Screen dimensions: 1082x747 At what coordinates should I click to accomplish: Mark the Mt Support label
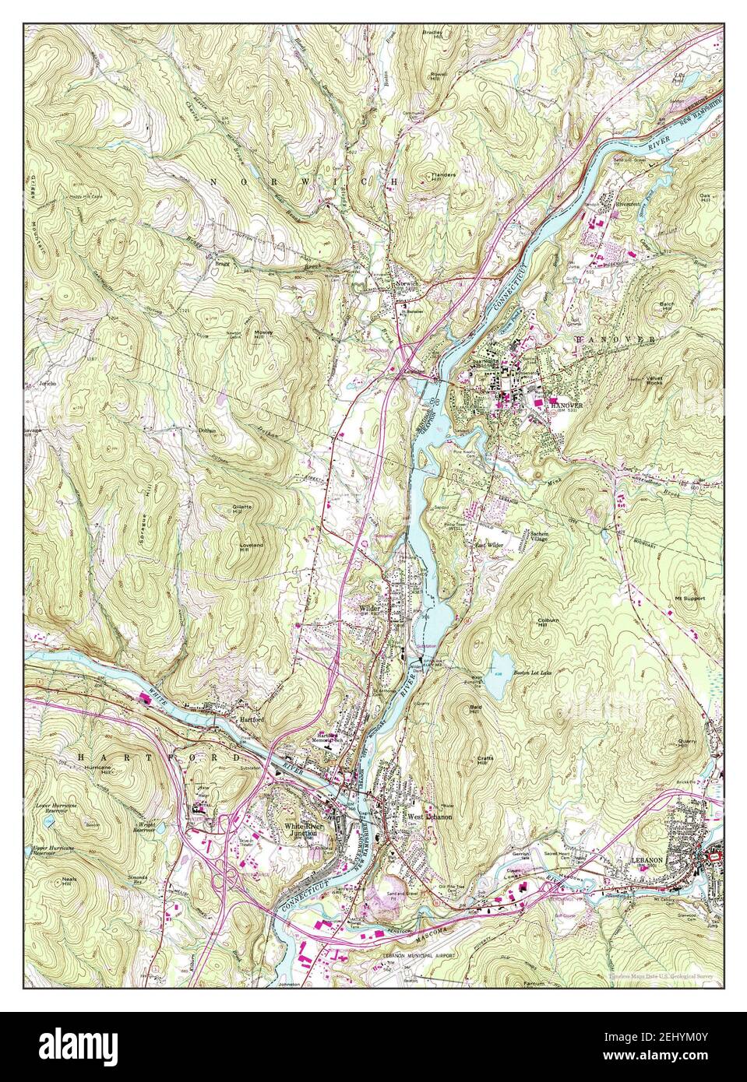coord(689,599)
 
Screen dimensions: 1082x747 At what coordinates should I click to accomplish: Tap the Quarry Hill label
coord(686,744)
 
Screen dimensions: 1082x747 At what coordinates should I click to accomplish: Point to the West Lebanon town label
coord(425,817)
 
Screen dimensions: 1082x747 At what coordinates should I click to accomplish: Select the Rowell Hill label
coord(438,77)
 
